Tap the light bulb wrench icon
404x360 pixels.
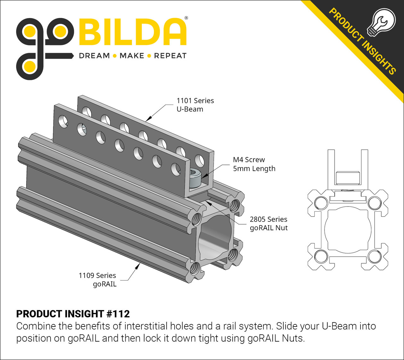point(381,22)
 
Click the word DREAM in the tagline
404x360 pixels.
point(94,56)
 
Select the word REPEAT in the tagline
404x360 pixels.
point(170,56)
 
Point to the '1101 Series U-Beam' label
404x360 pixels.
point(195,105)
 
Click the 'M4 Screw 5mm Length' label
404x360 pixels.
point(254,164)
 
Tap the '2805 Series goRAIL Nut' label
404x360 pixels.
point(268,224)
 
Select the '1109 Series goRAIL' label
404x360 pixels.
point(98,280)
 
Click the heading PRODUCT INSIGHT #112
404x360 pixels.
point(73,314)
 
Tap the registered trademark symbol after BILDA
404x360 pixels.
point(186,18)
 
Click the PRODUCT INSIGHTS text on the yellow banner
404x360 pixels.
point(362,41)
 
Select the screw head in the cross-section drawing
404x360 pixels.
point(348,178)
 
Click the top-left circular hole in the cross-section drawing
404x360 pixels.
point(321,203)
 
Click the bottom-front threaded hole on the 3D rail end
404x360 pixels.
point(195,269)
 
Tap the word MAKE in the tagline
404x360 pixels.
point(132,56)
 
